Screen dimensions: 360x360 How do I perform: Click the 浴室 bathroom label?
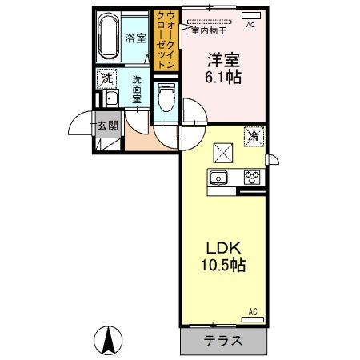coord(134,38)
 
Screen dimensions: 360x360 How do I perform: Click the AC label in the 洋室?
coord(250,25)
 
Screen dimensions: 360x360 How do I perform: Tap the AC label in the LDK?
coord(250,311)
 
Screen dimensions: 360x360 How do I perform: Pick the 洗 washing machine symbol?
coord(105,79)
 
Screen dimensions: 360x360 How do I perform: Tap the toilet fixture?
coord(166,100)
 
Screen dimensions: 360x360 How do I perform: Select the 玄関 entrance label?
coord(107,125)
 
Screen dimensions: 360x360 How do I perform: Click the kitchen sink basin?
coord(219,178)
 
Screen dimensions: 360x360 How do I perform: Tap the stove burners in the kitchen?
coord(252,178)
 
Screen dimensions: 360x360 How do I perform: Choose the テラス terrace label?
coord(223,340)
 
